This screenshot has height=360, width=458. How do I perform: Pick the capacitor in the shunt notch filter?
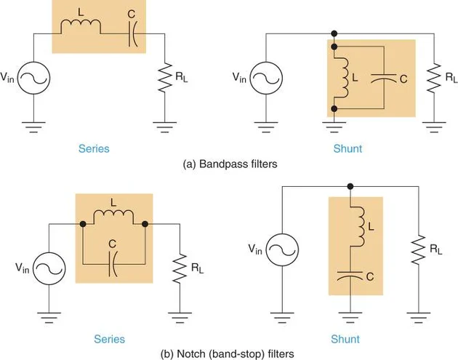point(350,276)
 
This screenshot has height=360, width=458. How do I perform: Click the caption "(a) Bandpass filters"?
point(230,164)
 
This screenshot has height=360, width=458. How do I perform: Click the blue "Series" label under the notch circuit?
point(110,339)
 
